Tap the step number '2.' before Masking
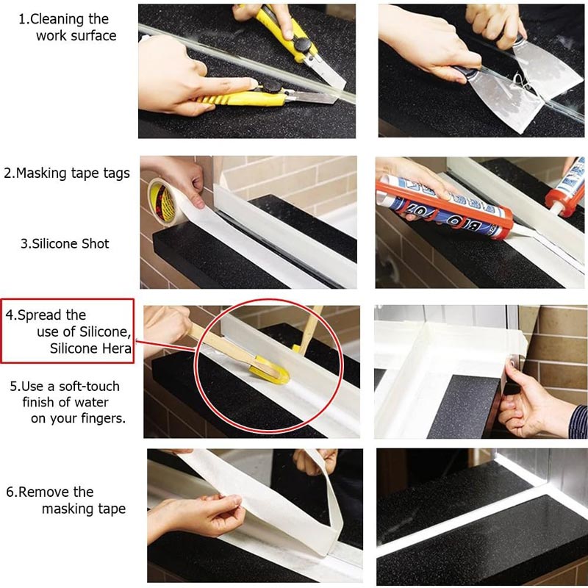(x=9, y=174)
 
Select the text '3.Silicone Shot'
(x=65, y=243)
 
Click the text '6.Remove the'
(x=49, y=492)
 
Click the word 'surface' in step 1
(x=94, y=35)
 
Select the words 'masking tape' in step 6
(x=83, y=509)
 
